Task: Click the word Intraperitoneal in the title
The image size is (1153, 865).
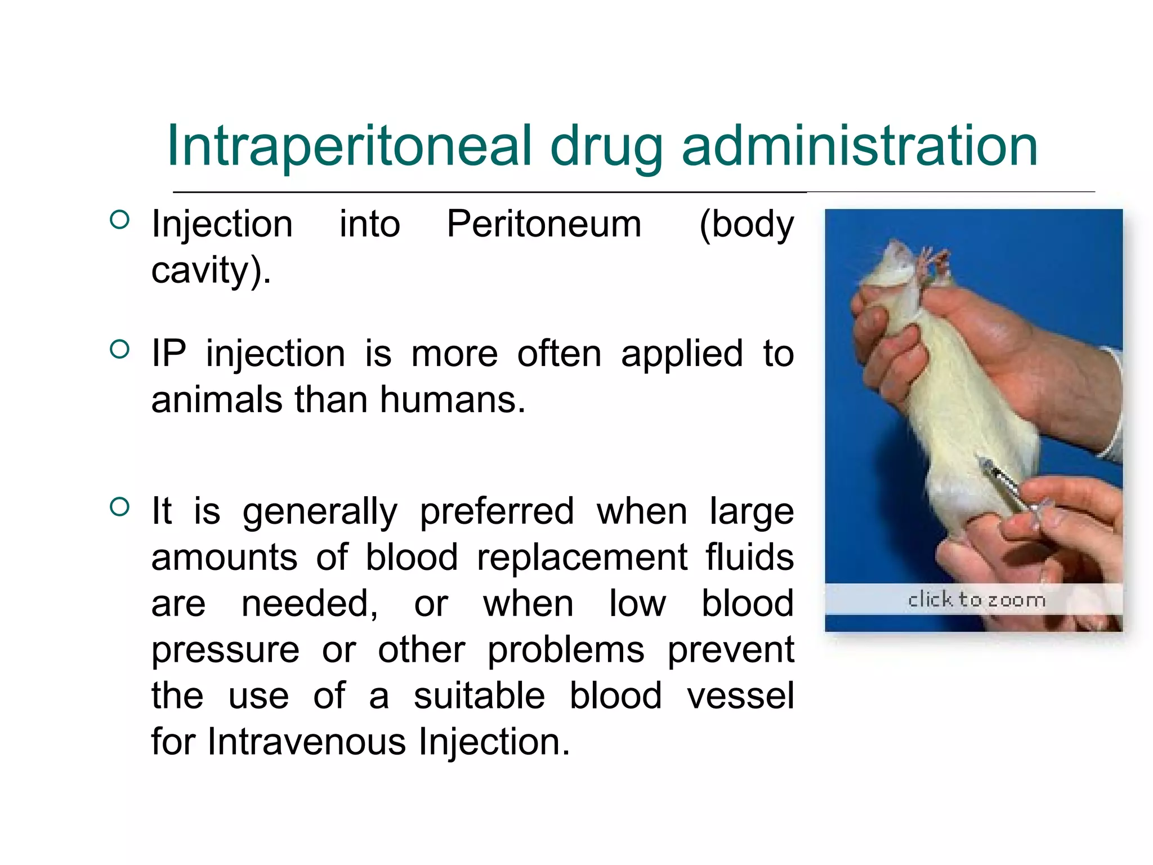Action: [349, 146]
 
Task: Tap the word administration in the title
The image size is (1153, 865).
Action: [860, 146]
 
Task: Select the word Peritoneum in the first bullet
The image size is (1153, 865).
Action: [544, 224]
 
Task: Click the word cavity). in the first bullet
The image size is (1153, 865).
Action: [211, 270]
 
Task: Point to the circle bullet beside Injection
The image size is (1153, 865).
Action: [120, 219]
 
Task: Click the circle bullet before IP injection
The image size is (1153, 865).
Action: [120, 349]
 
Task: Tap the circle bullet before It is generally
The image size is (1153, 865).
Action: [120, 507]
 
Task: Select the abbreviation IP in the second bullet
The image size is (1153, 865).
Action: [168, 354]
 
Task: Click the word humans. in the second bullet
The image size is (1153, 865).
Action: [453, 400]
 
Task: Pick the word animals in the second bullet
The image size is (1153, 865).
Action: [217, 400]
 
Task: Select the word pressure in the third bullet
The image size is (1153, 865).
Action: [225, 650]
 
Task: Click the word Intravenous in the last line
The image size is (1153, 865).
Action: [306, 742]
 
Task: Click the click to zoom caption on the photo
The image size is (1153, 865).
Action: [976, 600]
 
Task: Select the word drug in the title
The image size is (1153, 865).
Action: [606, 146]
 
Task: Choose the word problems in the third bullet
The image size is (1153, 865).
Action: [566, 650]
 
